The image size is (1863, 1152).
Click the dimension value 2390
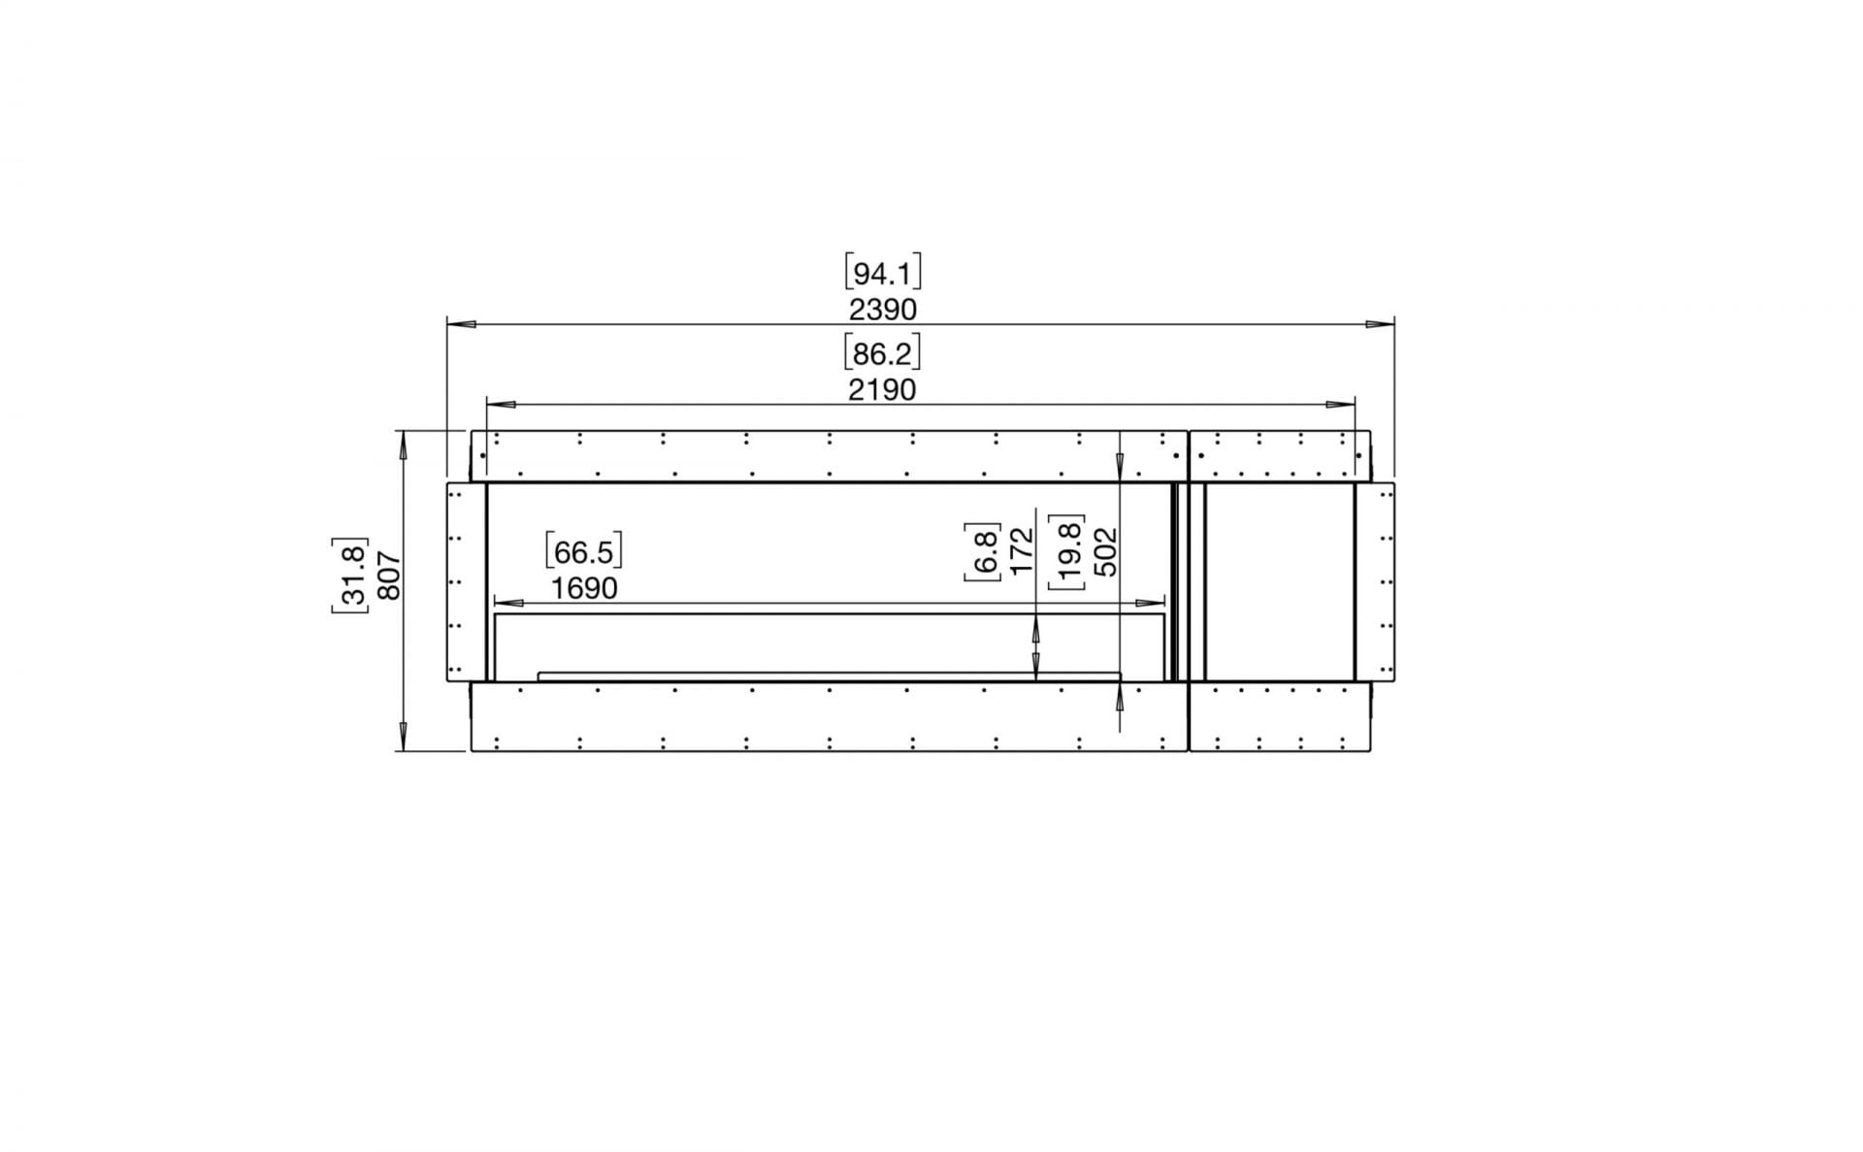[882, 310]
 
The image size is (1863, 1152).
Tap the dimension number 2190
[881, 389]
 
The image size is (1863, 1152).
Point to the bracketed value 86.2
[881, 354]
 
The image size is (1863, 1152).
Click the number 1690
[583, 588]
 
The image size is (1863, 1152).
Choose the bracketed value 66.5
[583, 552]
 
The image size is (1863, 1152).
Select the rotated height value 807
[388, 575]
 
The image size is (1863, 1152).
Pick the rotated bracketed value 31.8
[350, 575]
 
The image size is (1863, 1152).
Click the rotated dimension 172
[1023, 551]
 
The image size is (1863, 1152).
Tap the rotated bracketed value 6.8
[982, 551]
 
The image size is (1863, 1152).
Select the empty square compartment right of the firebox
[1279, 581]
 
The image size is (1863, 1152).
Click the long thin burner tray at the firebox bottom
[830, 675]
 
